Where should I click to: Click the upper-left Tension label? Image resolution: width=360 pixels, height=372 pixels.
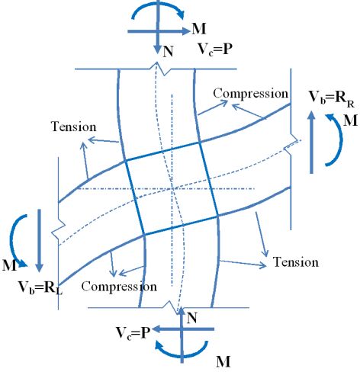74,127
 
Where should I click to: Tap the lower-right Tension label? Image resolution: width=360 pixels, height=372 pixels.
296,262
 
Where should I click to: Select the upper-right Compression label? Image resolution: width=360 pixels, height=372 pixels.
251,94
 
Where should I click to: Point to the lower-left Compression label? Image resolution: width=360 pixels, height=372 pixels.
119,287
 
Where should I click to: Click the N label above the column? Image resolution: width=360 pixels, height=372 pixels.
168,52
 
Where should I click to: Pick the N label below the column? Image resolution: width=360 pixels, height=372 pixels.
192,318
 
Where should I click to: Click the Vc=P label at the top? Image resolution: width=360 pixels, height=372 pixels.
215,49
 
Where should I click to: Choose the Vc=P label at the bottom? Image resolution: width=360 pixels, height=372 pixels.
133,332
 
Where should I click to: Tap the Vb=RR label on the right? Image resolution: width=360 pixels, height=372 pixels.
332,98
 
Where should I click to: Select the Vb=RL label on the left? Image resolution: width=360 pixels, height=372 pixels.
40,288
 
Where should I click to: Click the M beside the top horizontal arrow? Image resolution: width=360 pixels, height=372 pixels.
199,29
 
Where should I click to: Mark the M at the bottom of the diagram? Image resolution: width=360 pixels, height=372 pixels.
223,361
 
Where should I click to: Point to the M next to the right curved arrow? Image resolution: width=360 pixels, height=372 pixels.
350,120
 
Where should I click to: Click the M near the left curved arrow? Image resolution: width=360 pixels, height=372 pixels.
9,265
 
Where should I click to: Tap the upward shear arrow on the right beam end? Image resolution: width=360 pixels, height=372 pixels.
311,142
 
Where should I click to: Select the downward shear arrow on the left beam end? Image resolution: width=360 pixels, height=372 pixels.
39,241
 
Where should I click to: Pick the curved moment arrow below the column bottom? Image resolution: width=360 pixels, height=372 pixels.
182,356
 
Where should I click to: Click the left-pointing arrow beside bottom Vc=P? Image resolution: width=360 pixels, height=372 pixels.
184,329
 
